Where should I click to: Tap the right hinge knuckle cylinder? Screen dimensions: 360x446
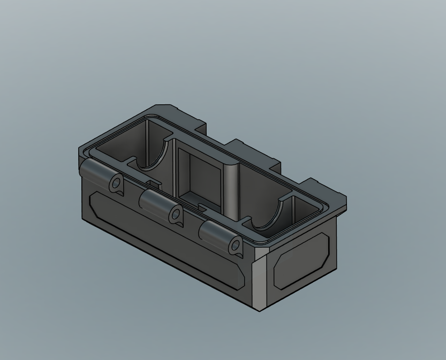pos(214,232)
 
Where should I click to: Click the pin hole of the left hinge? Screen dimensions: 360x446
pos(116,184)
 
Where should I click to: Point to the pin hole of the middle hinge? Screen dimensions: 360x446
pos(175,215)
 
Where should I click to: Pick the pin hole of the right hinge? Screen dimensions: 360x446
pos(235,246)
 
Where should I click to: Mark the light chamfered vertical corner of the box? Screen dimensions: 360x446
pos(260,284)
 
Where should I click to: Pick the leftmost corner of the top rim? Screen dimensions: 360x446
pos(79,150)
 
